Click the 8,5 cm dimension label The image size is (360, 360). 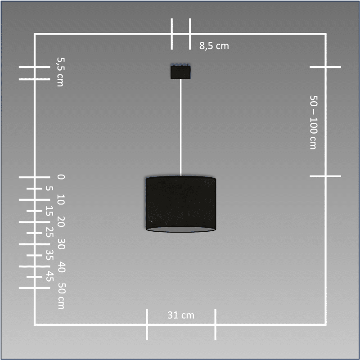coord(214,46)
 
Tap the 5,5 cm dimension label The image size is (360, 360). coord(61,72)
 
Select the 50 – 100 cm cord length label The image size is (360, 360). coord(313,122)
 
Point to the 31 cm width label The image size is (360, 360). coord(181,315)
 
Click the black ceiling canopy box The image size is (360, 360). coord(180,72)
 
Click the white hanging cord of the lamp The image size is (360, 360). coord(181,127)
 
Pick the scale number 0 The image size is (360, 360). coord(61,177)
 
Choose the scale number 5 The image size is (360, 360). coord(49,189)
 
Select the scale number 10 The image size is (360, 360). coord(61,199)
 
